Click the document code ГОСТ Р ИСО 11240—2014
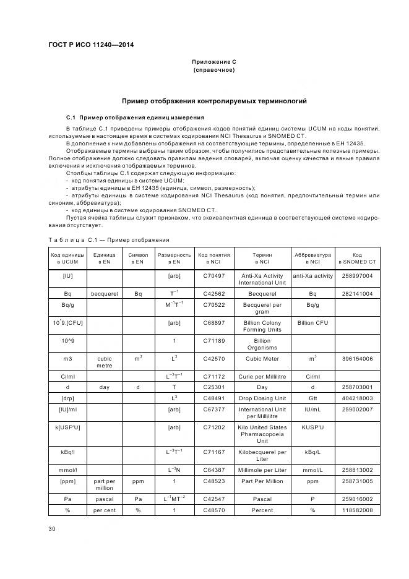click(x=91, y=45)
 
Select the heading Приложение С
click(x=213, y=62)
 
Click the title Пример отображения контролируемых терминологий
click(x=213, y=101)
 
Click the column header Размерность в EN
click(x=174, y=258)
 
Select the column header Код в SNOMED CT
click(x=357, y=258)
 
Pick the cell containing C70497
click(x=214, y=276)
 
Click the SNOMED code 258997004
click(x=357, y=276)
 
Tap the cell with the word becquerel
click(x=104, y=294)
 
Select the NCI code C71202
click(x=214, y=427)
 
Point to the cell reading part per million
click(x=104, y=484)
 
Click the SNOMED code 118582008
click(x=357, y=510)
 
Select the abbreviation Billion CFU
click(x=312, y=323)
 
